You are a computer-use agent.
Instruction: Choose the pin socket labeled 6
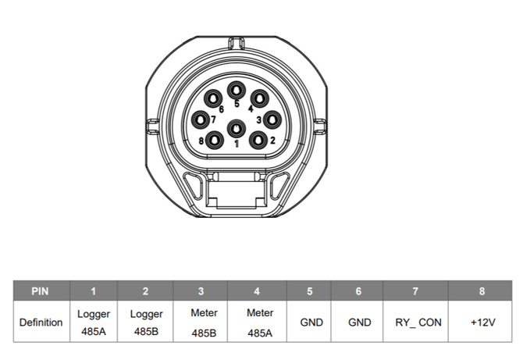tap(214, 98)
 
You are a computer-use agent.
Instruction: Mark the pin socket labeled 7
tap(202, 119)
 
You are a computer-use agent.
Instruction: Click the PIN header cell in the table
tap(41, 291)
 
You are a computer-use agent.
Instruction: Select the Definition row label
tap(41, 322)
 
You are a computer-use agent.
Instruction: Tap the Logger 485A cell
tap(93, 322)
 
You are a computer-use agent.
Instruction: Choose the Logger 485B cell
tap(146, 322)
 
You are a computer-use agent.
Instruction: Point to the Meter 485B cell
tap(201, 322)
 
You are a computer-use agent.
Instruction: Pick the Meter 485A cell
tap(258, 322)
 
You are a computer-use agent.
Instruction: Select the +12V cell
tap(482, 322)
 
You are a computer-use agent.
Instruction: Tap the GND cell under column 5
tap(311, 322)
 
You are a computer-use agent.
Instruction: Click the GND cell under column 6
tap(358, 322)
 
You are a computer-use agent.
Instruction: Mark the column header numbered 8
tap(482, 291)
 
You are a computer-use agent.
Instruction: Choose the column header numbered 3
tap(201, 291)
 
